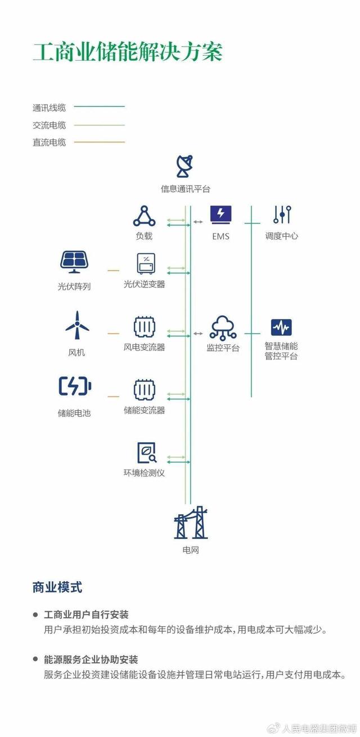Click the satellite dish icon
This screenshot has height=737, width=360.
(185, 166)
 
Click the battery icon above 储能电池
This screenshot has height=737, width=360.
(75, 387)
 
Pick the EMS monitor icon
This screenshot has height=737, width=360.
(220, 214)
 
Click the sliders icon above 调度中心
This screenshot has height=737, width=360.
(282, 214)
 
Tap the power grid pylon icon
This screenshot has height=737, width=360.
(191, 524)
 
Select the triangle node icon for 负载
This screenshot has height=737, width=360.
(144, 215)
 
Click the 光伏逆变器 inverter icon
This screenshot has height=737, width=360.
(145, 263)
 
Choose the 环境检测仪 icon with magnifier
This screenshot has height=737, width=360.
(146, 452)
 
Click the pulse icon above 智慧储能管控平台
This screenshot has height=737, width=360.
(281, 327)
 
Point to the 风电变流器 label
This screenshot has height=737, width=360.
(145, 347)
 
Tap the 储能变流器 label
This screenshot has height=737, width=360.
(145, 410)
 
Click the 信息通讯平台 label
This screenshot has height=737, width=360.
(185, 189)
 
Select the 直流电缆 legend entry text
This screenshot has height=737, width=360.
(49, 142)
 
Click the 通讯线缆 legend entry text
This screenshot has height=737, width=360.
(49, 107)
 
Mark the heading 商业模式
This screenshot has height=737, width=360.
(57, 587)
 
